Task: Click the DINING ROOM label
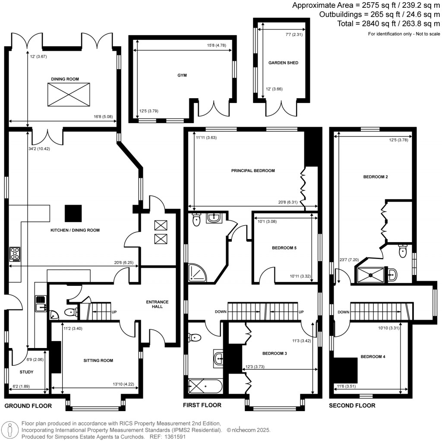coord(65,79)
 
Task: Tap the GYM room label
coord(182,75)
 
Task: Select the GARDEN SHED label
coord(283,63)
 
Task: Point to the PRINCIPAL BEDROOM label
coord(253,170)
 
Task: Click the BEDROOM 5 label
coord(284,248)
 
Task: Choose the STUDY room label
coord(26,372)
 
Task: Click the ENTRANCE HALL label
coord(157,305)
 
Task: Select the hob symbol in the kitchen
coord(15,254)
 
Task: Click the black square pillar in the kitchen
coord(73,212)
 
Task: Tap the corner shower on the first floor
coord(196,272)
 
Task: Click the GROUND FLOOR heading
coord(28,406)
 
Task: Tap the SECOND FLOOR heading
coord(352,406)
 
